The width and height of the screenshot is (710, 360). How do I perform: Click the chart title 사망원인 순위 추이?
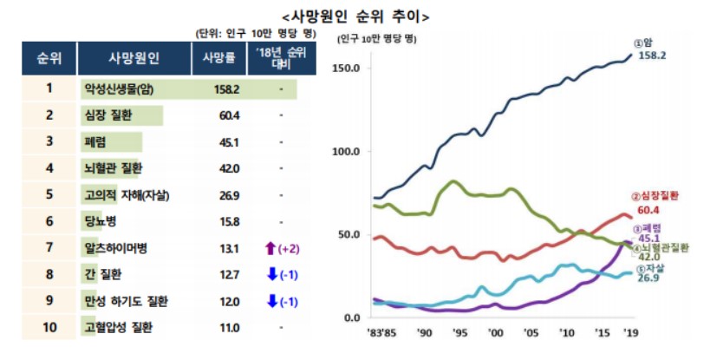click(355, 16)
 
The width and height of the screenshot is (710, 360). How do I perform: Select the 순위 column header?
click(49, 58)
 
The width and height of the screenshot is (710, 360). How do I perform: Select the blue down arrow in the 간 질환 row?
click(270, 275)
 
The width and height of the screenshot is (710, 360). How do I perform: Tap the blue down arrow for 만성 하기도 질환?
click(270, 302)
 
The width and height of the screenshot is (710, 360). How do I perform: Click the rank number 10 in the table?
click(49, 329)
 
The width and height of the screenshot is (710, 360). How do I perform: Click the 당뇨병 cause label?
click(101, 222)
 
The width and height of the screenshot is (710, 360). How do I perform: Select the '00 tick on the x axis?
click(495, 332)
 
